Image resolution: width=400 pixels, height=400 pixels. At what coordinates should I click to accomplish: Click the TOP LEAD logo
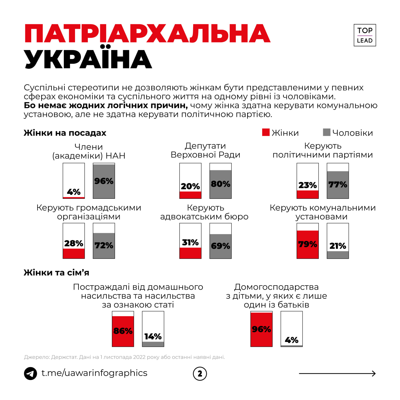(x=364, y=35)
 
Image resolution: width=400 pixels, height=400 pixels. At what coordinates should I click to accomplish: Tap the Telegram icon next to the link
(x=31, y=373)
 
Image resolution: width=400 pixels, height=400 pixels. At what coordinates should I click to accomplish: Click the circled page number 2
(x=200, y=374)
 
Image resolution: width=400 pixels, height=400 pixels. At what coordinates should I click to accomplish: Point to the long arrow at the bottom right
(x=337, y=373)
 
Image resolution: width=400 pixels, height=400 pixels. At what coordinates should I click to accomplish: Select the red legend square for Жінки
(x=266, y=132)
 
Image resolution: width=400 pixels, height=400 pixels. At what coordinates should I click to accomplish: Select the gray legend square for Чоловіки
(x=327, y=132)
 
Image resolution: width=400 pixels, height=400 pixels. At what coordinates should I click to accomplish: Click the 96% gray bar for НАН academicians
(x=104, y=181)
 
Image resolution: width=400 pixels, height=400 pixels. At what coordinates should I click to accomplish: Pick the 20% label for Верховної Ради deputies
(x=190, y=186)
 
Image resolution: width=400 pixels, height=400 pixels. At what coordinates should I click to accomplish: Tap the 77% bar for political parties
(x=338, y=185)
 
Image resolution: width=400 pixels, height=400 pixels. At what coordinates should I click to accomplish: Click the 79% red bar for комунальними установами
(x=307, y=244)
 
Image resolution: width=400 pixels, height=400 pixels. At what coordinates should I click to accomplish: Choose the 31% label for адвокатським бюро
(x=190, y=242)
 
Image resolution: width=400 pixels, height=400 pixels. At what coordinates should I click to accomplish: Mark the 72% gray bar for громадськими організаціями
(x=104, y=246)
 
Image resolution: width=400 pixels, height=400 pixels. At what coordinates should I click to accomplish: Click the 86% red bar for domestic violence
(x=123, y=331)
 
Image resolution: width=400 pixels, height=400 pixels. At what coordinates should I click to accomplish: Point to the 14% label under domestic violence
(x=153, y=337)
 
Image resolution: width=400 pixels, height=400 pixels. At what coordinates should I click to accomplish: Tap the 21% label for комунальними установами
(x=338, y=246)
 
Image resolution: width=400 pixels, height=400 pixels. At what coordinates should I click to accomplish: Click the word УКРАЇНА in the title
(x=88, y=59)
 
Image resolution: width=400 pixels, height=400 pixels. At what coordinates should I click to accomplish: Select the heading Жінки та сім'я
(x=57, y=273)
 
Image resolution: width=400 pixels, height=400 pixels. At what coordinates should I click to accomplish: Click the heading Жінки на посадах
(x=65, y=133)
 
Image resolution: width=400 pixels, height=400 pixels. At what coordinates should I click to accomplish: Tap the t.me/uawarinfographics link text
(x=94, y=373)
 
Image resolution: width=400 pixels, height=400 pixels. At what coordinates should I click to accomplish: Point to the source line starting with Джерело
(x=124, y=357)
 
